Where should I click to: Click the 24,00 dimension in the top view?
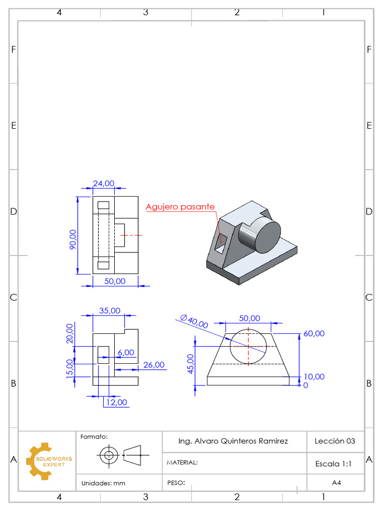[x=104, y=184]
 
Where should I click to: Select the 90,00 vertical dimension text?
[x=73, y=239]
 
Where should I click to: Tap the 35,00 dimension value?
[x=110, y=310]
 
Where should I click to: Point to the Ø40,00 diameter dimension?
[x=194, y=321]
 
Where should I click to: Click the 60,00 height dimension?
[x=314, y=333]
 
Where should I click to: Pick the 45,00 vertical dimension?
[x=190, y=363]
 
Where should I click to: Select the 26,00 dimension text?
[x=154, y=365]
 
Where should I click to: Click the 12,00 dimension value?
[x=116, y=402]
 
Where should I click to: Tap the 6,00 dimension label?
[x=126, y=352]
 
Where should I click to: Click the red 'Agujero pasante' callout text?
[x=180, y=207]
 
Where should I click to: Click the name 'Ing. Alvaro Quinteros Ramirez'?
[x=233, y=441]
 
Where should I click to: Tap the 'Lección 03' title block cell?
[x=335, y=441]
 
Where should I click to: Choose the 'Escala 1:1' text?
[x=334, y=464]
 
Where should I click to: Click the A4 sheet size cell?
[x=336, y=483]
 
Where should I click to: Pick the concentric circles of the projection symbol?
[x=107, y=455]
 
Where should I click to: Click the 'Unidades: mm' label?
[x=103, y=483]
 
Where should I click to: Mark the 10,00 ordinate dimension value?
[x=314, y=377]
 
